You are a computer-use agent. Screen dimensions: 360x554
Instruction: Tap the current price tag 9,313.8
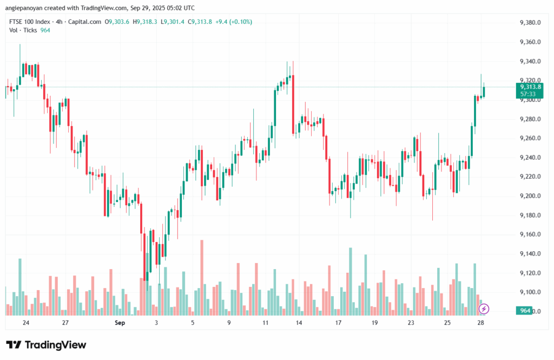pos(531,87)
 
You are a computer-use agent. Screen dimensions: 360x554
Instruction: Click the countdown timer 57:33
pos(529,94)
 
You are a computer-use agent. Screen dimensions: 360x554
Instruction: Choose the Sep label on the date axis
pos(120,323)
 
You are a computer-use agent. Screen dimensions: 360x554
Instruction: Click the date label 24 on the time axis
pos(26,323)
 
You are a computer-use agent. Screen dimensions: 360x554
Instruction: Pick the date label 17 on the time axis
pos(338,323)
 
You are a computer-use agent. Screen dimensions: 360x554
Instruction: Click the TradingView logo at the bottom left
pos(46,345)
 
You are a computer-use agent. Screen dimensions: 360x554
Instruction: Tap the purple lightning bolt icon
pos(484,309)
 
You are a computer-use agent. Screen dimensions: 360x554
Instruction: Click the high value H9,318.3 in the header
pos(146,22)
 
